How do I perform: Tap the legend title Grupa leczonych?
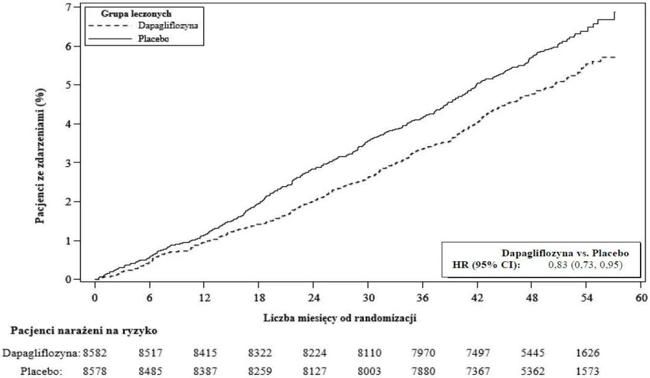point(136,14)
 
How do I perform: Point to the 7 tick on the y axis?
point(68,7)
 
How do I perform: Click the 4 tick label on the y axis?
point(68,124)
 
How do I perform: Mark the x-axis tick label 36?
point(423,298)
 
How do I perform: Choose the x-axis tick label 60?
point(641,298)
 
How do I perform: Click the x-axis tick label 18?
point(259,298)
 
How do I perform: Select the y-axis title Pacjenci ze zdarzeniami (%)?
point(40,156)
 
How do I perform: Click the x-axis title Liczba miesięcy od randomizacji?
point(340,318)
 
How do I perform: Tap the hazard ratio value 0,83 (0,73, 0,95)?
point(585,264)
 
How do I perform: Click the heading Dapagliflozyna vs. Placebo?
point(565,253)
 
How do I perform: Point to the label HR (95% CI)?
point(486,265)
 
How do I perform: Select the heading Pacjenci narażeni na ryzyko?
point(84,331)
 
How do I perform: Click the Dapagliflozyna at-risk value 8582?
point(95,353)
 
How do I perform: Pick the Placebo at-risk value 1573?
point(588,371)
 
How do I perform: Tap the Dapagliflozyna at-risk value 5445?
point(533,353)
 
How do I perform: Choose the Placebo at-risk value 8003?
point(370,371)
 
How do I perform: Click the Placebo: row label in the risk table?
point(41,371)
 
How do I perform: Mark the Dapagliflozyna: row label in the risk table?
point(41,353)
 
